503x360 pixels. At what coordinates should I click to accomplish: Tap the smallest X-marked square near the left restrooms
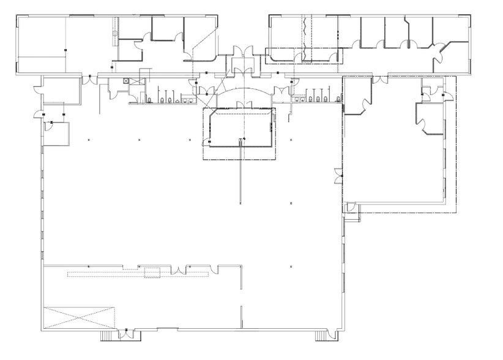click(x=126, y=80)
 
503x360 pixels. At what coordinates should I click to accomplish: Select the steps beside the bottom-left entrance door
click(x=107, y=336)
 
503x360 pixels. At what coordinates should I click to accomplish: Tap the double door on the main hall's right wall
click(x=338, y=176)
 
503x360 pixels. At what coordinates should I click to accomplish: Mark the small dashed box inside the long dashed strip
click(x=151, y=273)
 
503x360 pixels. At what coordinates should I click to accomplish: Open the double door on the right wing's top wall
click(x=380, y=80)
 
